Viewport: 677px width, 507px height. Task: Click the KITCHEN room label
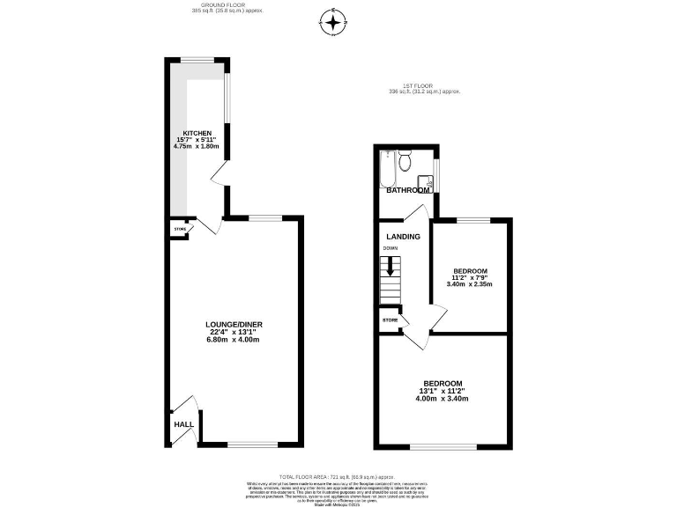[197, 133]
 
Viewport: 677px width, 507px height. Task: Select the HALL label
[183, 424]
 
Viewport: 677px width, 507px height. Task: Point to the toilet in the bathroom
[404, 161]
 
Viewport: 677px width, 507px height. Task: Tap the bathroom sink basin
[428, 173]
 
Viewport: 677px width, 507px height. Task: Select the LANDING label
[402, 236]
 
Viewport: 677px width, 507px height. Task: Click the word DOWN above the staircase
[390, 249]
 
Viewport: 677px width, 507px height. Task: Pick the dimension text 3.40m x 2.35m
[469, 284]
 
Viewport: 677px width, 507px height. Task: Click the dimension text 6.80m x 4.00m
[234, 339]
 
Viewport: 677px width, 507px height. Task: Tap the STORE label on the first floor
[390, 320]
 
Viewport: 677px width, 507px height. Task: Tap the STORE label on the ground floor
[180, 229]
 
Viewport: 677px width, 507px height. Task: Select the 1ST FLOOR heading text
[424, 85]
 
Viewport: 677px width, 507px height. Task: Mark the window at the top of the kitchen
[198, 60]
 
